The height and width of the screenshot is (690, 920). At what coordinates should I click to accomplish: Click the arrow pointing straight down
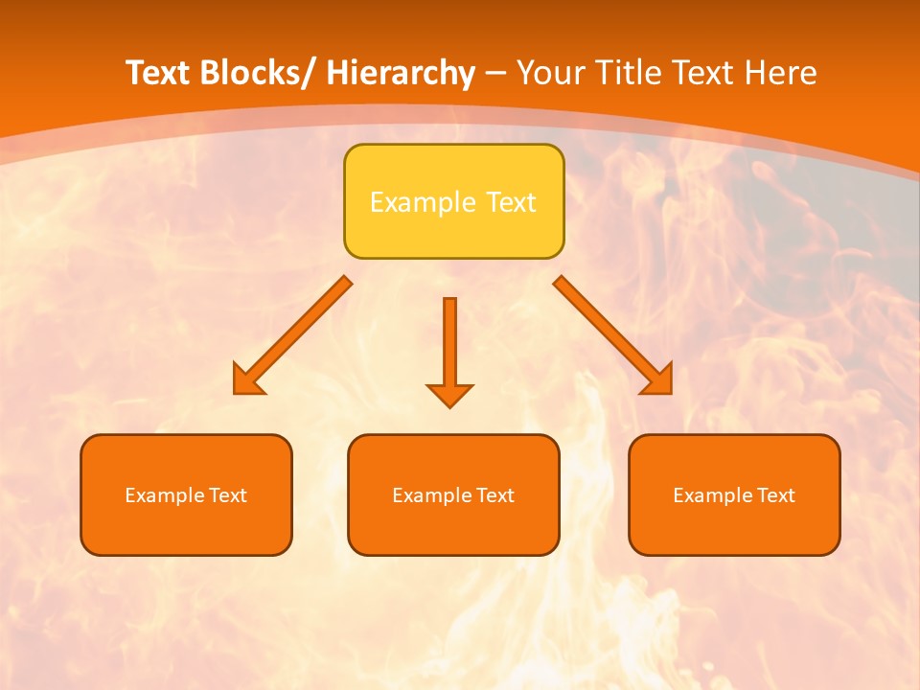[x=449, y=345]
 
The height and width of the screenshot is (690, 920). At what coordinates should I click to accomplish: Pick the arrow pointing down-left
[x=292, y=335]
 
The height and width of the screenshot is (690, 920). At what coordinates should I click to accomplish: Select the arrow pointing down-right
[x=613, y=335]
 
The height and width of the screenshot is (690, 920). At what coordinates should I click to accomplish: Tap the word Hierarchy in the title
[x=401, y=73]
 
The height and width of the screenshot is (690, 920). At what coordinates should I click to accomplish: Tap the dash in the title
[x=495, y=73]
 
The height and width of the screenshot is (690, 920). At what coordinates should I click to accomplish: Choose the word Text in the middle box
[x=494, y=495]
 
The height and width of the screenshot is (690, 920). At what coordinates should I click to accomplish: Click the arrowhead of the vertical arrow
[x=449, y=395]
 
